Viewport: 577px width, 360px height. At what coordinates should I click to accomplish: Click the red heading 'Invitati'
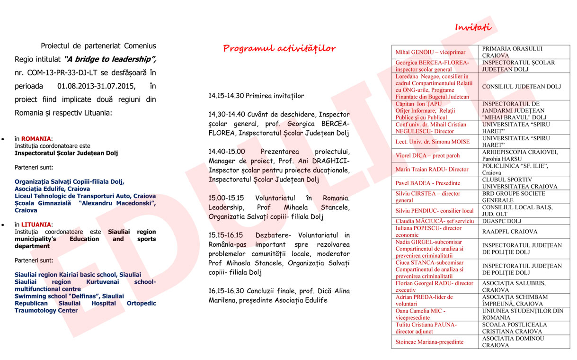[473, 27]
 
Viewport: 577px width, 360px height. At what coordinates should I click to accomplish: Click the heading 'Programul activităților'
[279, 48]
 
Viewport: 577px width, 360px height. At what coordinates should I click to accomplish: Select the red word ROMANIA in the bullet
[36, 139]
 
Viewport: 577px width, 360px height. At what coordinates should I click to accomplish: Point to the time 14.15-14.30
[226, 96]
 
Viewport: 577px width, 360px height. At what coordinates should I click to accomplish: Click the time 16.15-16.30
[226, 290]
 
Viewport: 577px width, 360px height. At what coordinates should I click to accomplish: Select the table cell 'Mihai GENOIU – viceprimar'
[430, 52]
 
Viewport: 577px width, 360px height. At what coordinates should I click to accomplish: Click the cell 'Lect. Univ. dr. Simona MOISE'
[432, 142]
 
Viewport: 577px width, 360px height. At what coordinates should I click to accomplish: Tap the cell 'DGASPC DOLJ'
[501, 221]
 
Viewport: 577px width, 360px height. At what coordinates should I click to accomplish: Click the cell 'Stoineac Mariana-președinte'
[429, 342]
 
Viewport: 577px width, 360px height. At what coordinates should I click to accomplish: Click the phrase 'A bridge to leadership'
[108, 60]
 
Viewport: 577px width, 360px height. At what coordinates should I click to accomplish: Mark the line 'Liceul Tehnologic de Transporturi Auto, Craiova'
[85, 196]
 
